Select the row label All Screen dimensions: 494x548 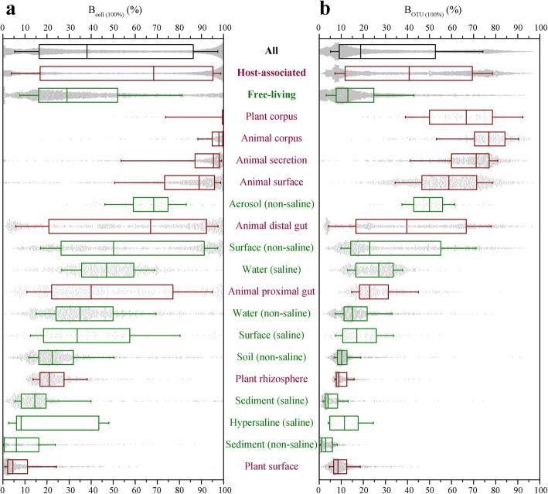(x=271, y=51)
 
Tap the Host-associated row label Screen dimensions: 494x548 (x=271, y=73)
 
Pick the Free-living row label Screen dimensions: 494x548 (x=271, y=95)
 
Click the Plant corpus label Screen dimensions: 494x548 (x=271, y=117)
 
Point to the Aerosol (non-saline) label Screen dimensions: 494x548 (x=271, y=204)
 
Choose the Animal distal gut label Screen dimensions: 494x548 (x=271, y=226)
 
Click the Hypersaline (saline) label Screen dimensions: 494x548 (x=271, y=422)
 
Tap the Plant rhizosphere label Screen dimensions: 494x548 (x=271, y=379)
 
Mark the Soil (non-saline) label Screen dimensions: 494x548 (x=271, y=357)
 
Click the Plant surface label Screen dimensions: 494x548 (x=271, y=466)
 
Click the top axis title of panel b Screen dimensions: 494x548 (x=429, y=11)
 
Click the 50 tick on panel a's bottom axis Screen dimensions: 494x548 (x=114, y=488)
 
